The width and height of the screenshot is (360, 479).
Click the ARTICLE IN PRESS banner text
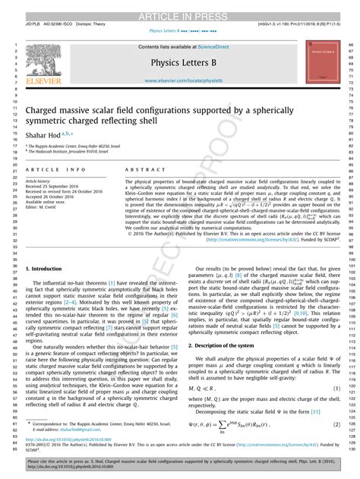(179, 8)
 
